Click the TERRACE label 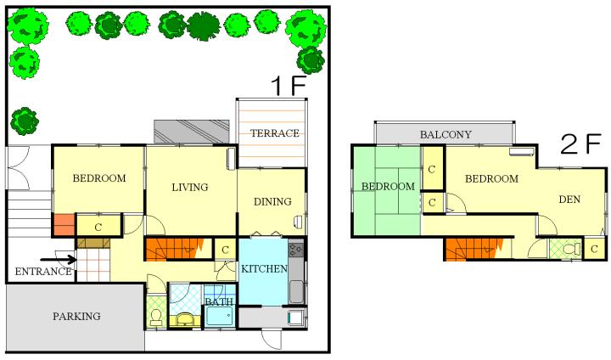(x=275, y=133)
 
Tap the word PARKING (x=76, y=316)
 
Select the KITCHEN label (x=264, y=269)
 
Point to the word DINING (x=272, y=201)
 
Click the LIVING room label (x=190, y=187)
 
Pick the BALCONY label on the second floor (x=446, y=134)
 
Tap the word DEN (x=569, y=200)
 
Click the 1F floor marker (x=289, y=86)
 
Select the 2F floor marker (x=580, y=143)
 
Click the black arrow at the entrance (x=59, y=259)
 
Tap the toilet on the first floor (x=157, y=317)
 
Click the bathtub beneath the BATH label (x=220, y=316)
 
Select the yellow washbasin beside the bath (x=184, y=319)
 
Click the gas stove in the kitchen (x=296, y=250)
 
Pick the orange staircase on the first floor (x=175, y=250)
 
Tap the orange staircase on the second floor (x=474, y=249)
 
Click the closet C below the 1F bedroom (x=98, y=227)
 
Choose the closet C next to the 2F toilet (x=594, y=249)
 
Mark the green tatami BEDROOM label (x=388, y=187)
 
